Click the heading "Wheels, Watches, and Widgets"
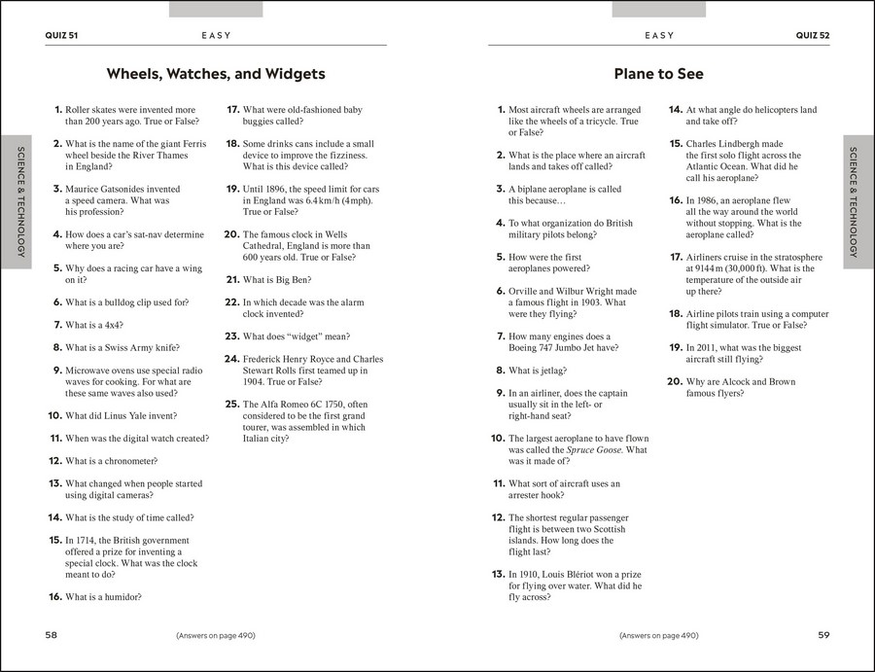[215, 74]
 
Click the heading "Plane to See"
[658, 74]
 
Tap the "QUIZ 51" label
[61, 36]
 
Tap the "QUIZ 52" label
[812, 36]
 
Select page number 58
[52, 635]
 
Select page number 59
[822, 635]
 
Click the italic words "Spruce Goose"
[595, 450]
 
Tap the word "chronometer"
[126, 461]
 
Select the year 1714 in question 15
[87, 540]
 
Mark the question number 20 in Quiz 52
[676, 382]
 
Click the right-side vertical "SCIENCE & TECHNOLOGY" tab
[853, 201]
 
